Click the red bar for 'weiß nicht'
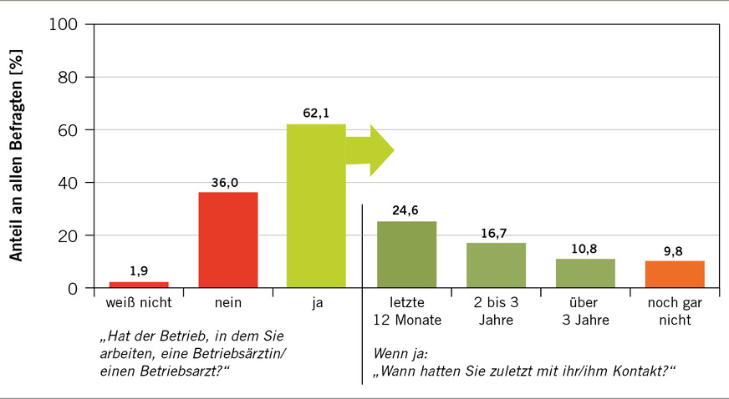click(x=139, y=285)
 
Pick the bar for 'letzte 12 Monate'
click(x=406, y=255)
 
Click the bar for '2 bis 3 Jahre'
click(x=496, y=265)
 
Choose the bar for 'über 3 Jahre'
click(x=585, y=273)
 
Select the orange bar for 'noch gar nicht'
click(x=675, y=275)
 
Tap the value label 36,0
click(x=227, y=180)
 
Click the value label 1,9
click(x=139, y=270)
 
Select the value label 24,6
click(x=406, y=210)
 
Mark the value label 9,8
click(x=675, y=250)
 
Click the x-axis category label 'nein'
click(x=227, y=304)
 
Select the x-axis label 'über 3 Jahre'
click(x=585, y=311)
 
